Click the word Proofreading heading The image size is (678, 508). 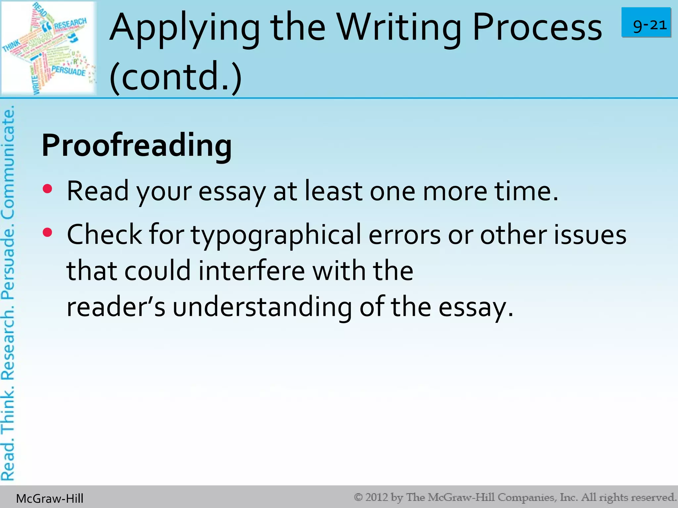pyautogui.click(x=137, y=146)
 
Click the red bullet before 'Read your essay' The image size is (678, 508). pyautogui.click(x=48, y=189)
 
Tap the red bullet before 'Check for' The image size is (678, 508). pyautogui.click(x=48, y=233)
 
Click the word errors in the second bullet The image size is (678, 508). pyautogui.click(x=405, y=235)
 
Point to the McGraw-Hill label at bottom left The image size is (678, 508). pyautogui.click(x=50, y=498)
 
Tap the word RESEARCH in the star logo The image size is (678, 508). pyautogui.click(x=70, y=24)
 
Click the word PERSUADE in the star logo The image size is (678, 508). pyautogui.click(x=69, y=70)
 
